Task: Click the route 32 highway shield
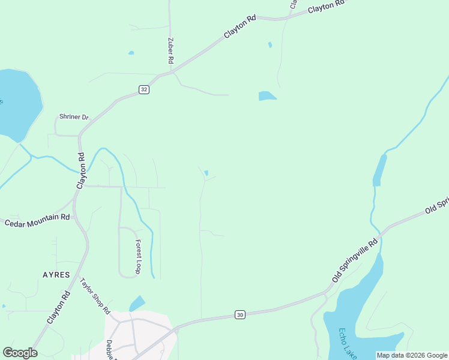coord(143,89)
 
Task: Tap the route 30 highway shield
coord(240,315)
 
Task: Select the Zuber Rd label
coord(170,52)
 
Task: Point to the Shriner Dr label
coord(74,116)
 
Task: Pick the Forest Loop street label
coord(138,257)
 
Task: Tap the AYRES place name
coord(56,275)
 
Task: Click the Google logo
coord(20,353)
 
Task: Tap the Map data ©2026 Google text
coord(412,355)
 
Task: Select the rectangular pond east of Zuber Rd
coord(267,96)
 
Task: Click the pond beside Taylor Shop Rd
coord(137,304)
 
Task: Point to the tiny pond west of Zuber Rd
coord(131,53)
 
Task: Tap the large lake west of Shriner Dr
coord(18,102)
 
